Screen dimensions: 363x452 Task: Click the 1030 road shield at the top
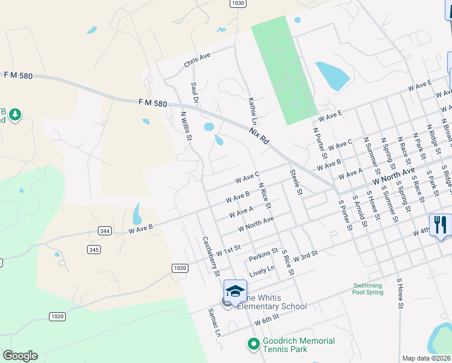tap(238, 3)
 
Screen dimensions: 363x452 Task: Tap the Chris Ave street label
tap(197, 60)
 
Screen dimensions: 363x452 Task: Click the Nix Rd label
tap(259, 135)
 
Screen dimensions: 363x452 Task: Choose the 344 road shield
tap(104, 231)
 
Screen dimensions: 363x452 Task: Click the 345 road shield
tap(94, 249)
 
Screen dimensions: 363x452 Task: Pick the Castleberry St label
tap(211, 256)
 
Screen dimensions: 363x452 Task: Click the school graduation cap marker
tap(235, 290)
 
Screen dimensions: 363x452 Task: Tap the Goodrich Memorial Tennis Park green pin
tap(254, 344)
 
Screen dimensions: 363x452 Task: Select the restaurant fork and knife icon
tap(440, 225)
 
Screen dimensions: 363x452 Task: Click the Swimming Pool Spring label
tap(367, 289)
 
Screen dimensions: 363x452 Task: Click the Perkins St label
tap(263, 254)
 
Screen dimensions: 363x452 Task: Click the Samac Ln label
tap(214, 323)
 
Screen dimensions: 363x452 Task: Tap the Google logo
tap(20, 356)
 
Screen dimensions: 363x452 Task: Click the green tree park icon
tap(15, 114)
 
